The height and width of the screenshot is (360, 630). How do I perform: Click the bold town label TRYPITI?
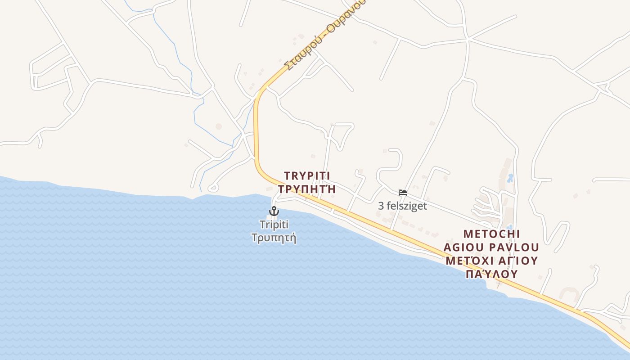(x=310, y=176)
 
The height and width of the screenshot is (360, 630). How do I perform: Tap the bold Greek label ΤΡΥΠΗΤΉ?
(x=307, y=189)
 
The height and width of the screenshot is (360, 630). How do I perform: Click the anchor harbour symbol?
(x=274, y=211)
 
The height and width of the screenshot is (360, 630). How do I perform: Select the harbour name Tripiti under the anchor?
(x=274, y=224)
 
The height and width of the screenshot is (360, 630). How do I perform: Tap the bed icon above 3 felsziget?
(x=403, y=193)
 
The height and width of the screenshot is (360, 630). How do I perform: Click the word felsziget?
(x=407, y=206)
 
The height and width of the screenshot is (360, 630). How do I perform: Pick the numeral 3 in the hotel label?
(x=381, y=206)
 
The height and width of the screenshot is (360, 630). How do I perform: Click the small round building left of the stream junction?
(x=219, y=126)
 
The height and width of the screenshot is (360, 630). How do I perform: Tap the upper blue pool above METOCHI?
(x=510, y=177)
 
